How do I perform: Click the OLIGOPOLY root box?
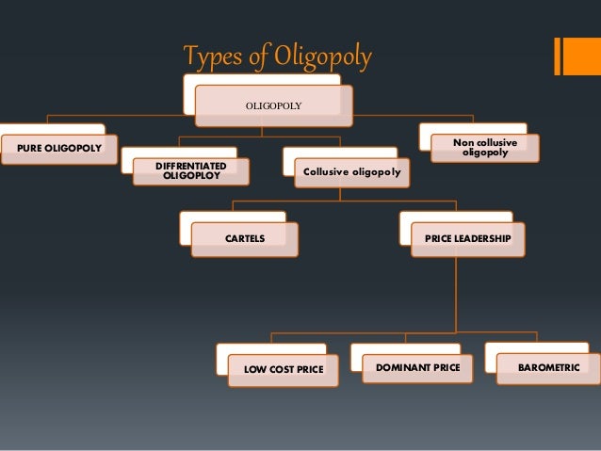(273, 105)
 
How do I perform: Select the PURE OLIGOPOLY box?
(57, 149)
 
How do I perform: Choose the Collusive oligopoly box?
(351, 172)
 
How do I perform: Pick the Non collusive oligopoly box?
(485, 148)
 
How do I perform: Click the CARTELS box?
(245, 239)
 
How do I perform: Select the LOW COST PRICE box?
(284, 370)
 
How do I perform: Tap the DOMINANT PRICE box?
(417, 366)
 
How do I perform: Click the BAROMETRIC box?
(548, 366)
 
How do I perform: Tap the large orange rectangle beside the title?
(576, 56)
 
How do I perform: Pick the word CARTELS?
(245, 239)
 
